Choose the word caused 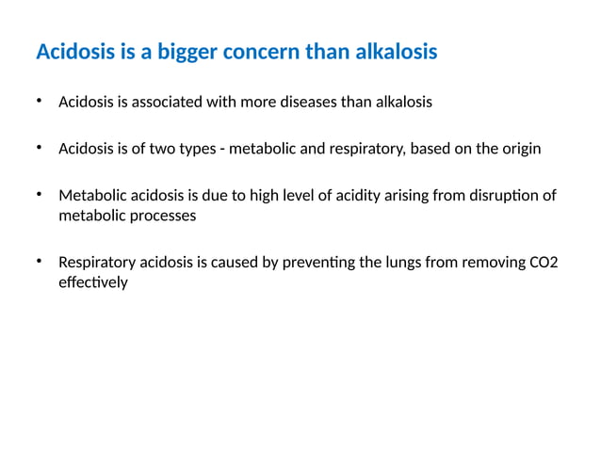tap(226, 263)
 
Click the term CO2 tap(544, 263)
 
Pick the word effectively tap(92, 281)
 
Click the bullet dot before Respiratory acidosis tap(40, 261)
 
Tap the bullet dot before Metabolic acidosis tap(40, 194)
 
